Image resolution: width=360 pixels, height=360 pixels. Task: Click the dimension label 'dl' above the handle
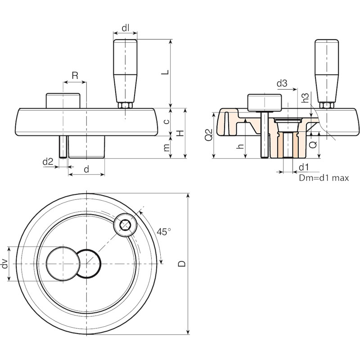[125, 28]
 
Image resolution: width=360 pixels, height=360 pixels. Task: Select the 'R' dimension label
[75, 75]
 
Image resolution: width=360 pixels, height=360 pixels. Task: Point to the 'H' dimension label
[181, 133]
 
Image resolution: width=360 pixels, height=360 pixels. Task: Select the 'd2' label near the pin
[48, 162]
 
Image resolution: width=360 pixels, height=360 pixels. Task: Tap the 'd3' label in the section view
[282, 83]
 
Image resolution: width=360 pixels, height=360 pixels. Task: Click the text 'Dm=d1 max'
[324, 178]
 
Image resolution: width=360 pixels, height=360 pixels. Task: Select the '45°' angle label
[164, 232]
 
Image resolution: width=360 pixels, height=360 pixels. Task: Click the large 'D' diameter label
[182, 264]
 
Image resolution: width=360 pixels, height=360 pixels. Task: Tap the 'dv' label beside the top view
[4, 265]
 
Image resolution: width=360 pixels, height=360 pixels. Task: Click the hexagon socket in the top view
[125, 225]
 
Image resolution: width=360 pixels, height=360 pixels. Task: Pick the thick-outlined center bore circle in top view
[89, 264]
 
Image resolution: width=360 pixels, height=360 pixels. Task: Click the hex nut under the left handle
[125, 106]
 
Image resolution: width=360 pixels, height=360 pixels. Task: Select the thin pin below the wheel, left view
[63, 147]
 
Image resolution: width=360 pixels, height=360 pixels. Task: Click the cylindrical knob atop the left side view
[63, 100]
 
